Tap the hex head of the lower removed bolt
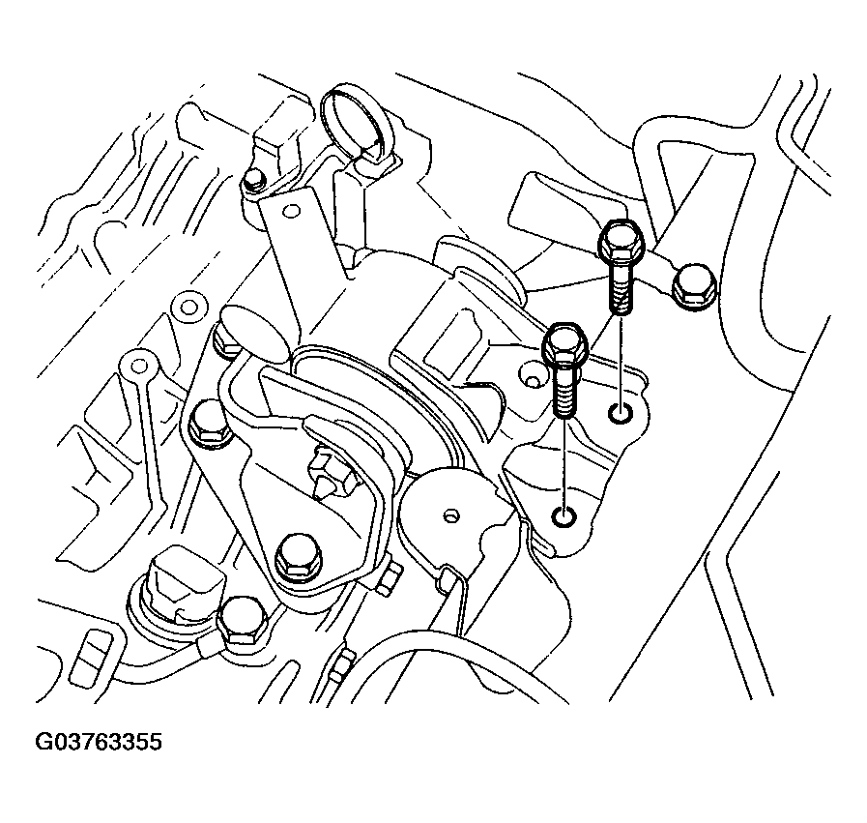(563, 346)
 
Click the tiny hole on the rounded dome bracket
(448, 514)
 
